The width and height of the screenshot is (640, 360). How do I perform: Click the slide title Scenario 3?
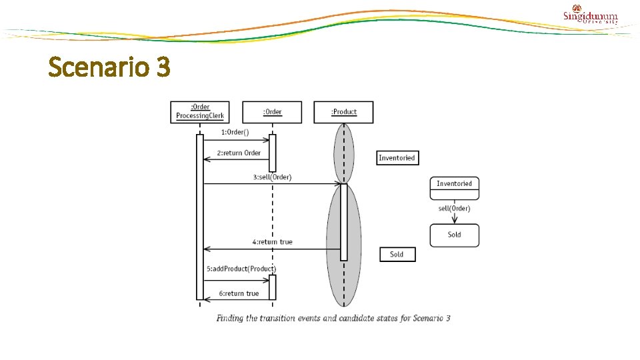click(109, 67)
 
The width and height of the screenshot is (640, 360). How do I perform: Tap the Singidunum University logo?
click(590, 16)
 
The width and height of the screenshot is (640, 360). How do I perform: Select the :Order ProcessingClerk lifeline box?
click(200, 112)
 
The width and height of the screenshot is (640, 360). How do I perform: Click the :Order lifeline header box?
click(272, 112)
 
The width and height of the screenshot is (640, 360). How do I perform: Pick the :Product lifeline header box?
click(343, 112)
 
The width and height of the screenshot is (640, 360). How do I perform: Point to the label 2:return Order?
click(239, 153)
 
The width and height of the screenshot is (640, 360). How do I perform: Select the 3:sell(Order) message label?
click(272, 177)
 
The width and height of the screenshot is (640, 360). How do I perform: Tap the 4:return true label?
click(272, 242)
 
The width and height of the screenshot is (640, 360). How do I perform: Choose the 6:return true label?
click(239, 293)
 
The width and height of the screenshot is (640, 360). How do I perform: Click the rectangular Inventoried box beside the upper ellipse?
click(397, 158)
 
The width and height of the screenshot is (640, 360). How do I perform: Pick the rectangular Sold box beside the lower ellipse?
click(397, 254)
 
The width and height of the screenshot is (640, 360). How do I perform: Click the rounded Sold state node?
click(454, 235)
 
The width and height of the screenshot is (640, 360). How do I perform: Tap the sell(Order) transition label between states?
click(454, 209)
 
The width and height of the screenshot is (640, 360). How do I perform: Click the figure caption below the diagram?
click(333, 318)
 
